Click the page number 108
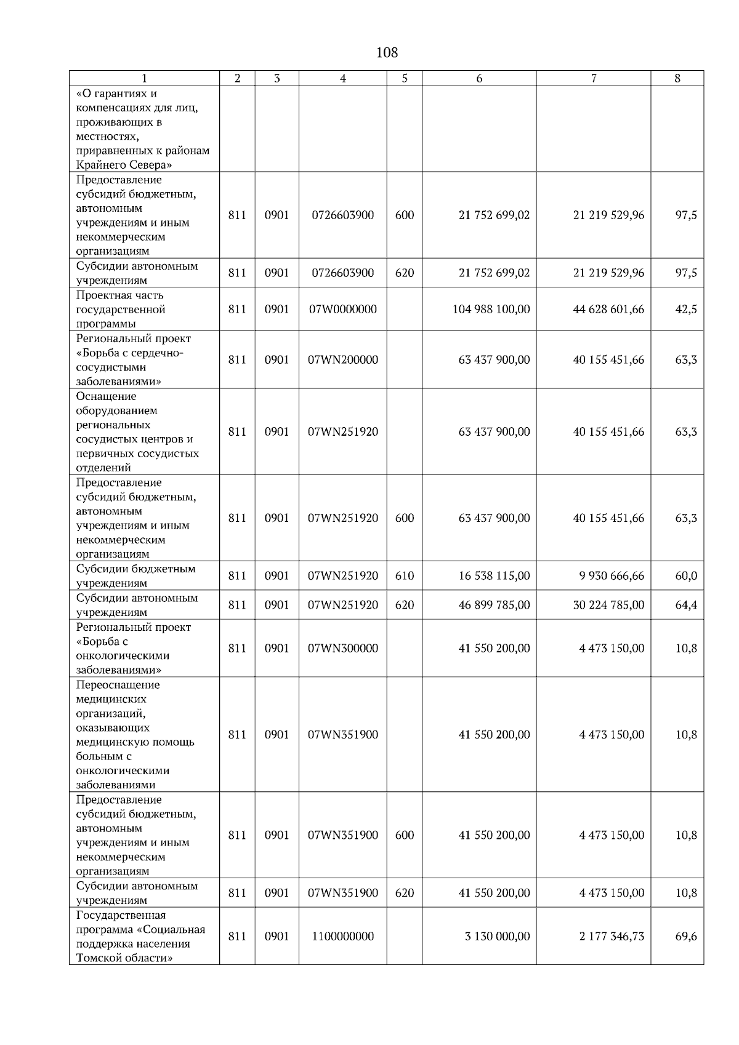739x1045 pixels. [387, 53]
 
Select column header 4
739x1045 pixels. [343, 78]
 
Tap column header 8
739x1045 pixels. [677, 78]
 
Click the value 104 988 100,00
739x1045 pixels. [491, 309]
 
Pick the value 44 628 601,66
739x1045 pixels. [608, 309]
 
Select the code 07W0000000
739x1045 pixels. [343, 309]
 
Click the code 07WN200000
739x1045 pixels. [343, 359]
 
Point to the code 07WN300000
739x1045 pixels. [343, 648]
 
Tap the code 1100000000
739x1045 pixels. [343, 936]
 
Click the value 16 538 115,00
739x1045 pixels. [494, 576]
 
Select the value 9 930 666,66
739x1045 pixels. [612, 576]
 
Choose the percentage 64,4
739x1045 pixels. [686, 605]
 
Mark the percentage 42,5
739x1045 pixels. [686, 309]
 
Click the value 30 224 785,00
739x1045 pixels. [608, 605]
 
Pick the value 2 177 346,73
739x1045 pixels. [612, 936]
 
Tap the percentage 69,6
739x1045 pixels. [686, 936]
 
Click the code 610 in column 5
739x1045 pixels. [405, 576]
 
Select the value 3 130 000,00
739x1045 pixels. [497, 936]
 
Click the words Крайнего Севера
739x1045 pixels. [124, 165]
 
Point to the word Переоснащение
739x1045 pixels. [118, 685]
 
